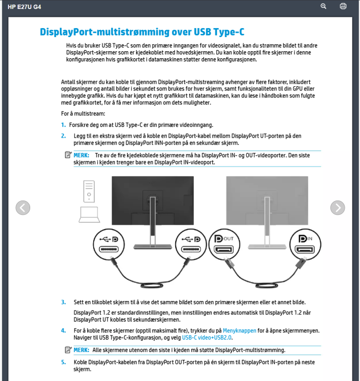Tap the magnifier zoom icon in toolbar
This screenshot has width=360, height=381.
click(324, 6)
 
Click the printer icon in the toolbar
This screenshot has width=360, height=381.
click(343, 6)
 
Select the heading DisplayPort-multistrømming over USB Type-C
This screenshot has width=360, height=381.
click(142, 32)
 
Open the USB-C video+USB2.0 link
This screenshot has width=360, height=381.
click(207, 337)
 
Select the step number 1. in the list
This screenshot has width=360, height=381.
click(63, 125)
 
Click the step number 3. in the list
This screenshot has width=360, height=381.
click(63, 302)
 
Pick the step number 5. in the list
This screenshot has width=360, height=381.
click(63, 362)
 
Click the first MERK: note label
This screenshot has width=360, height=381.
click(81, 155)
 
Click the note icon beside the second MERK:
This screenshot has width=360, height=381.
click(68, 350)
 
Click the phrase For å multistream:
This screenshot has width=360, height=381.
click(83, 114)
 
